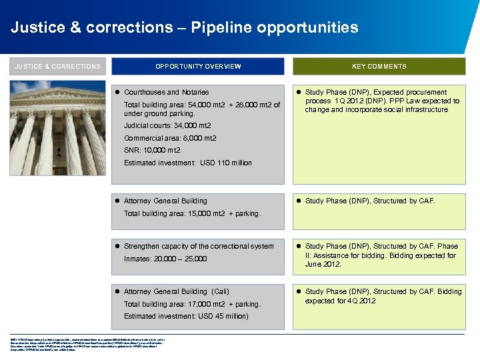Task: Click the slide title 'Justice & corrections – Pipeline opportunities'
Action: [x=184, y=27]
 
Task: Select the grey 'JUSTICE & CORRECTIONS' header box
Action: [x=57, y=67]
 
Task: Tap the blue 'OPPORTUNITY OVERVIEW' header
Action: [x=198, y=67]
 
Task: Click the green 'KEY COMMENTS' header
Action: [x=379, y=67]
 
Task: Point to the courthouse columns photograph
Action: [x=57, y=131]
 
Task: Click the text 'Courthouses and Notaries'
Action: [x=166, y=92]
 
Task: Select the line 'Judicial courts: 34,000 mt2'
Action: [x=167, y=125]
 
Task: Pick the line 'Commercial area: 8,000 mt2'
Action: [x=170, y=138]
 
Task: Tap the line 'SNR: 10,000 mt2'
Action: [x=152, y=151]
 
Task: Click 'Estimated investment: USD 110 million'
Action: [x=188, y=163]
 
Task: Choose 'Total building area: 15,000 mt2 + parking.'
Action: [x=192, y=213]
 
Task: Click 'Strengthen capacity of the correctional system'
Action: [x=199, y=246]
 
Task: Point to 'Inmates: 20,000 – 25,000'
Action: [x=165, y=259]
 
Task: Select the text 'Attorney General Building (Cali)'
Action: [x=177, y=291]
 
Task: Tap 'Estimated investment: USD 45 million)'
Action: [x=186, y=316]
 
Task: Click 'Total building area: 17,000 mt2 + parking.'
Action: [x=192, y=304]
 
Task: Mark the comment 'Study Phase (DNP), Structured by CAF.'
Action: [x=370, y=201]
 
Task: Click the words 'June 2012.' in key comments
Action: [x=323, y=264]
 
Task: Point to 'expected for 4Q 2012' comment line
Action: [x=340, y=301]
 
